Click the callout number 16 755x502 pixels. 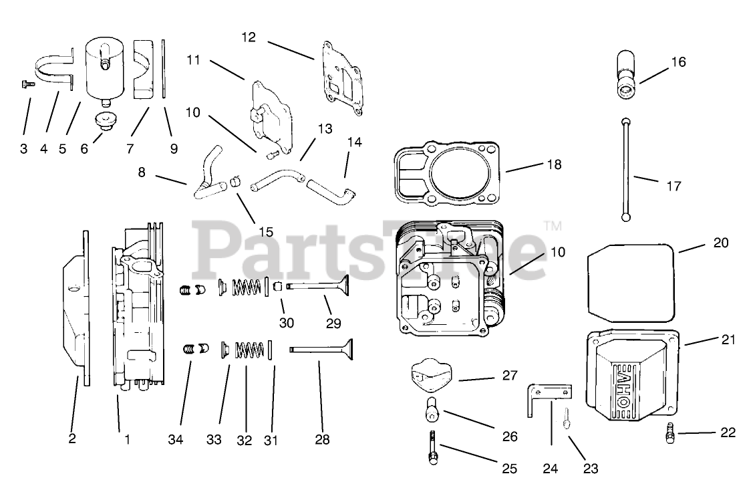(678, 62)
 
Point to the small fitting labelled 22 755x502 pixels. (670, 434)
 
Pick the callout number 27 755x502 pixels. (510, 375)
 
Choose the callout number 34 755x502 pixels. (176, 440)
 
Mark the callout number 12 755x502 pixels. (249, 37)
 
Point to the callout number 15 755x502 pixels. (266, 232)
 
